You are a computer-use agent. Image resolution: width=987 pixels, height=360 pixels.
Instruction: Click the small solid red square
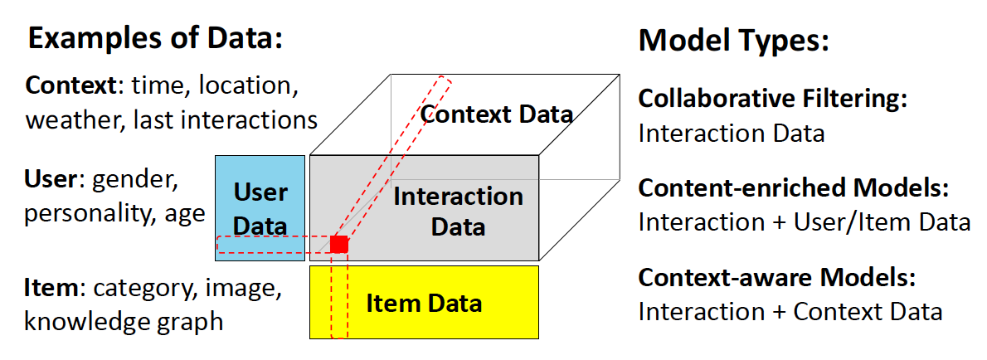338,244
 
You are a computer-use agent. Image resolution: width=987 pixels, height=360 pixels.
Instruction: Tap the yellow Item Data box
424,303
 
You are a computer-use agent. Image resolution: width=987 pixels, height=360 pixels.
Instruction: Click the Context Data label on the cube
497,114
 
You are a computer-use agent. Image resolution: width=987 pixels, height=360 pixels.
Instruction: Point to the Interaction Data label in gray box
458,211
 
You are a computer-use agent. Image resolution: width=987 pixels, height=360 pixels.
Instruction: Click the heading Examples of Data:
156,39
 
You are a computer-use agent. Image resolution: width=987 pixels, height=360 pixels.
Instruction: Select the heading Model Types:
733,40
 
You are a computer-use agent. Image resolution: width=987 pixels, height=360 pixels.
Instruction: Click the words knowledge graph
124,321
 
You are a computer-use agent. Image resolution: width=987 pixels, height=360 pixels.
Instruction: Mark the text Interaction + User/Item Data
804,221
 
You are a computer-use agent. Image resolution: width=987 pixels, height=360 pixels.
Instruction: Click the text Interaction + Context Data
790,311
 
